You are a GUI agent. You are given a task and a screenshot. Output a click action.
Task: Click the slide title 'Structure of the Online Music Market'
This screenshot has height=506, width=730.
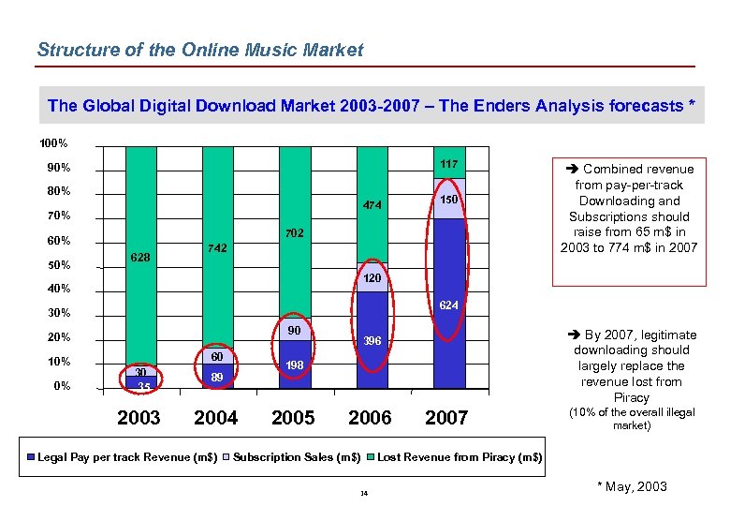(x=199, y=50)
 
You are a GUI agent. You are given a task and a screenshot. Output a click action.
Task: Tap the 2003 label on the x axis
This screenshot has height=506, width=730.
(x=139, y=418)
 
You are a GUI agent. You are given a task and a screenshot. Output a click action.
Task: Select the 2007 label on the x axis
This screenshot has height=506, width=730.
(x=446, y=418)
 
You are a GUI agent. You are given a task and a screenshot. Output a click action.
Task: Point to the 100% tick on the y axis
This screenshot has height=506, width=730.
(x=52, y=143)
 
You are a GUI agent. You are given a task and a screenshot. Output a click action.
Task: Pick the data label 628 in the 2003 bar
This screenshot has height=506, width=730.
(x=140, y=257)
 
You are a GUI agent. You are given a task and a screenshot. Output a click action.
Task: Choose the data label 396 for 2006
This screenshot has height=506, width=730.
(x=372, y=341)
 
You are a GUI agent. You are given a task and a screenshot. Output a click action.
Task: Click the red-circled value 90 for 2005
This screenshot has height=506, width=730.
(x=293, y=331)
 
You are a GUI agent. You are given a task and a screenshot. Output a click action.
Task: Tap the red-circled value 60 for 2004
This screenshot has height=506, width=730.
(x=216, y=357)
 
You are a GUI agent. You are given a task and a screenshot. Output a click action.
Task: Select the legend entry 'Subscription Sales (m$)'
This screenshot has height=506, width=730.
(x=297, y=456)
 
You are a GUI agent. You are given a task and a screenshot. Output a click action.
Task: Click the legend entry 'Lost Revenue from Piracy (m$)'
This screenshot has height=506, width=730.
(x=459, y=456)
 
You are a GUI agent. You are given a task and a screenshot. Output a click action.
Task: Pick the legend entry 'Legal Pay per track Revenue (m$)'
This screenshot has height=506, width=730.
(x=127, y=456)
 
